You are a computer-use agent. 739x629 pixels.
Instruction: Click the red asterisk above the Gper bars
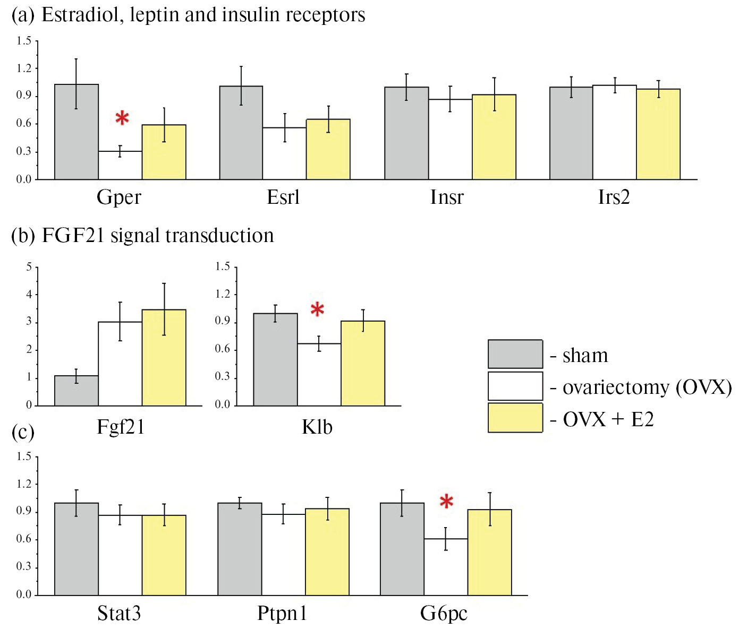(x=122, y=118)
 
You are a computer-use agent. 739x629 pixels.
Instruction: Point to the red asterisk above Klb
(x=317, y=310)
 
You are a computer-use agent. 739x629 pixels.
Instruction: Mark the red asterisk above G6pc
(x=446, y=502)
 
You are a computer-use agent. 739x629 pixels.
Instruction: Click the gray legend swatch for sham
(x=515, y=354)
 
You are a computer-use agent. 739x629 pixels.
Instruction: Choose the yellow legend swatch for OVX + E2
(x=515, y=418)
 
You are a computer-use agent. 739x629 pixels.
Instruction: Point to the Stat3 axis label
(x=119, y=614)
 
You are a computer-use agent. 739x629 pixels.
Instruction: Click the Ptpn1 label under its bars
(x=282, y=614)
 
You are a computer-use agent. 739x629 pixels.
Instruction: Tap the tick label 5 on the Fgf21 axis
(x=29, y=266)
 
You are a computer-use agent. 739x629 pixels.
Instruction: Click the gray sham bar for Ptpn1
(x=240, y=549)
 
